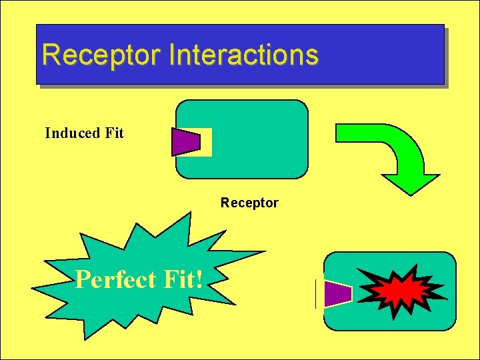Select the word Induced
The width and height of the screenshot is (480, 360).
71,133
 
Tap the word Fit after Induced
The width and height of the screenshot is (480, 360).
114,133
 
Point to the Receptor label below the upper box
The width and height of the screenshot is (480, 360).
249,203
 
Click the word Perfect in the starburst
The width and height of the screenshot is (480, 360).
115,279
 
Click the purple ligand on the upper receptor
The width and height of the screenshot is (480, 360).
186,141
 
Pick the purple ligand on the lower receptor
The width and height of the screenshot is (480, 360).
337,294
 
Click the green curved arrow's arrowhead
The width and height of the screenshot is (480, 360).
410,182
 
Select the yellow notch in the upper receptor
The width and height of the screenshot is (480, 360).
206,142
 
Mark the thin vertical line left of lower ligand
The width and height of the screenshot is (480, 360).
315,294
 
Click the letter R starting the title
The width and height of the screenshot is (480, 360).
49,55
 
